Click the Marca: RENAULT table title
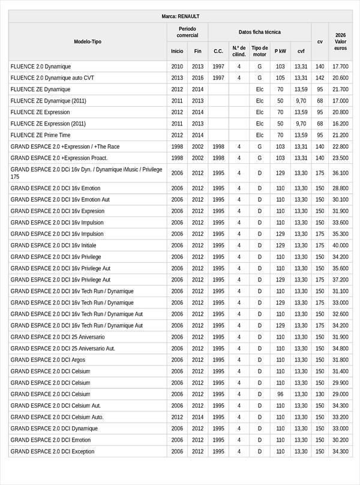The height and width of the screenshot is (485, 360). [x=180, y=16]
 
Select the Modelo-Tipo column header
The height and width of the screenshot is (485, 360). [x=88, y=41]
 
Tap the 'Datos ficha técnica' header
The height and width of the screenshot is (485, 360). [x=259, y=32]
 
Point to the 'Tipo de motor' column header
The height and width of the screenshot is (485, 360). [x=260, y=51]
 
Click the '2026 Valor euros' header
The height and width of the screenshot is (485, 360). [x=340, y=41]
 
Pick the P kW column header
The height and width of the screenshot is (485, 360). [x=280, y=51]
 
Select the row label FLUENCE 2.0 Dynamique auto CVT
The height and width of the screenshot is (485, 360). [x=52, y=78]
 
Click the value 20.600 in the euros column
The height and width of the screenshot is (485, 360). [x=340, y=78]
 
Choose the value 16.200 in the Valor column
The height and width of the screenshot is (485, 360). [x=340, y=124]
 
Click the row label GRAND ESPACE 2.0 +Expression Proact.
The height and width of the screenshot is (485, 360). [x=59, y=158]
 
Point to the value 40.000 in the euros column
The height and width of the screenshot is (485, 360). [x=340, y=246]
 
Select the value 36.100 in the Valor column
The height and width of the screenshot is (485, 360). [x=340, y=173]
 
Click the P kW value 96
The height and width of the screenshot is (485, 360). [x=280, y=394]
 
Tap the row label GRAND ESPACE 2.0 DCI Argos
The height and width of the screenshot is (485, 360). [x=48, y=360]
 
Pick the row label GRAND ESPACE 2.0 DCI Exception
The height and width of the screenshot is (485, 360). [x=52, y=451]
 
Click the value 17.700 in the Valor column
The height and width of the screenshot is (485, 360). [x=340, y=67]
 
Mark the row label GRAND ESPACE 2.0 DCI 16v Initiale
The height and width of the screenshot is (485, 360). [x=53, y=246]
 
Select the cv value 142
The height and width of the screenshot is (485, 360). [x=320, y=78]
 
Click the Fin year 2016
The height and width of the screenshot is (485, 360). [x=198, y=78]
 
